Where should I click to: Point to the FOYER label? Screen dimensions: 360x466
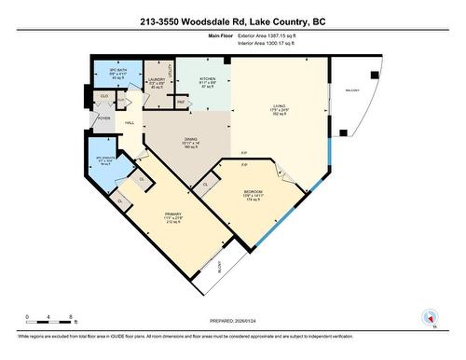pyautogui.click(x=103, y=118)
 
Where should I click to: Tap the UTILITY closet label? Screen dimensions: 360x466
pyautogui.click(x=171, y=70)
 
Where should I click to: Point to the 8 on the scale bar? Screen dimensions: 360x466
pyautogui.click(x=73, y=316)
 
